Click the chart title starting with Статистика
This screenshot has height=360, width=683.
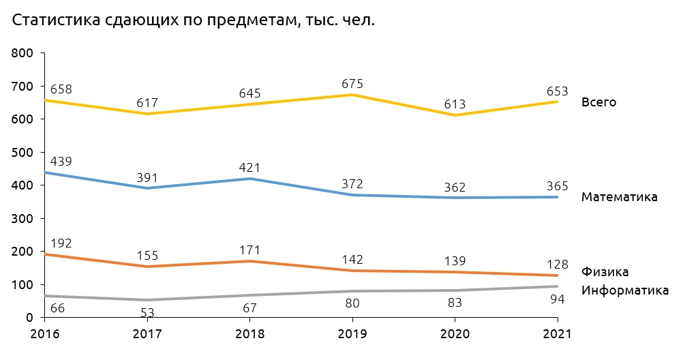click(x=194, y=20)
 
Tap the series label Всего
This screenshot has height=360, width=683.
click(x=598, y=102)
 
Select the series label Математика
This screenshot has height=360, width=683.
click(x=619, y=197)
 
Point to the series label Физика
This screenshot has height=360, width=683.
click(x=604, y=271)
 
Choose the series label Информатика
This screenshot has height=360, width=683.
click(x=625, y=290)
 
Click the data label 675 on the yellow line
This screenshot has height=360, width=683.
click(x=352, y=84)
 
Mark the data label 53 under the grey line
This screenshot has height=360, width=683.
click(x=147, y=313)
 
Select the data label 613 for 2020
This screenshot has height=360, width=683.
click(x=455, y=104)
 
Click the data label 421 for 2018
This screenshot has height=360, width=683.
click(x=249, y=168)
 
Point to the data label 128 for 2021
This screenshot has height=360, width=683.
click(x=557, y=265)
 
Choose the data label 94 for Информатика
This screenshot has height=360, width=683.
click(x=557, y=299)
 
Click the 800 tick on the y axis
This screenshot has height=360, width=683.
click(x=23, y=53)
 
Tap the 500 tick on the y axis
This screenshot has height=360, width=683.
click(x=23, y=152)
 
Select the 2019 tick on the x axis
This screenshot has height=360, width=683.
click(x=352, y=335)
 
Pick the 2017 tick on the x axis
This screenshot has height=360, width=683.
click(x=147, y=335)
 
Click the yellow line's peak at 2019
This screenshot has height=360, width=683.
click(x=352, y=95)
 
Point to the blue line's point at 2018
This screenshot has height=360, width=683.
click(x=249, y=179)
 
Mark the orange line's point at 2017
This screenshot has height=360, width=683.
click(x=147, y=266)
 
